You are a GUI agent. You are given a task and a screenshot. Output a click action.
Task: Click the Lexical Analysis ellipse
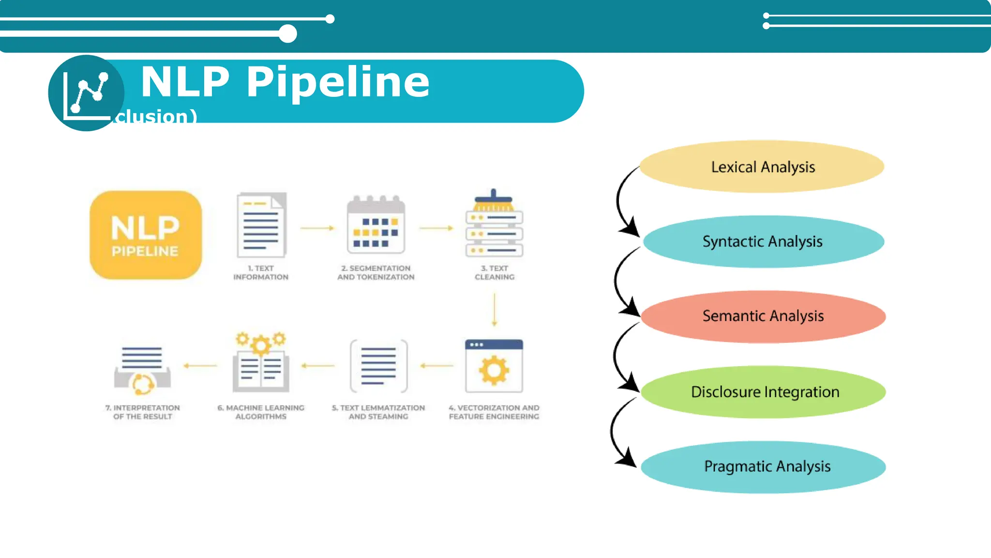(762, 167)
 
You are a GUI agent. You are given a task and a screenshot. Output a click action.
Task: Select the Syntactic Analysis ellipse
(763, 241)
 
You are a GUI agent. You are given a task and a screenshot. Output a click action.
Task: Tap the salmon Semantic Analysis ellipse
(763, 316)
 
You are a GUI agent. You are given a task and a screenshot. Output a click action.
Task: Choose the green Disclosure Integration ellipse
(763, 391)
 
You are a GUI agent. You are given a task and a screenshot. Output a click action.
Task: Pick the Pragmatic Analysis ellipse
(763, 466)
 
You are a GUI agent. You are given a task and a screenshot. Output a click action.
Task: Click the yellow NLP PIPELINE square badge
(146, 235)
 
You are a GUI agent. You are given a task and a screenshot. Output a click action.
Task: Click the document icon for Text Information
(261, 225)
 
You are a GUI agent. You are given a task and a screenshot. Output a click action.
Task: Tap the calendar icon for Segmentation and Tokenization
(376, 225)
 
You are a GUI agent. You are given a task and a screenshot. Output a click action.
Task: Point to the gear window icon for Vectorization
(494, 366)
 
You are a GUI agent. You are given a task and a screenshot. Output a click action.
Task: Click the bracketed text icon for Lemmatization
(378, 366)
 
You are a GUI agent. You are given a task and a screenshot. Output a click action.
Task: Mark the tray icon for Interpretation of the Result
(142, 371)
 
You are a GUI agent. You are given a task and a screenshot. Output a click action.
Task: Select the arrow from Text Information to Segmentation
(317, 228)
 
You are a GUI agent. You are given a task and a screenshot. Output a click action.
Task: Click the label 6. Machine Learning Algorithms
(261, 412)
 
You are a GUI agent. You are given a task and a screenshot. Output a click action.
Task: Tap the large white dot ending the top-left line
(288, 34)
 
